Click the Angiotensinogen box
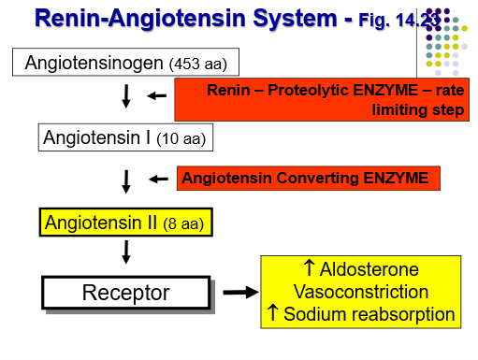(125, 62)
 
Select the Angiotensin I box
(125, 137)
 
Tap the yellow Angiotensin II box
(126, 223)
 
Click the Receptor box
(126, 293)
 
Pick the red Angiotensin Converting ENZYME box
(309, 178)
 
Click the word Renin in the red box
(228, 91)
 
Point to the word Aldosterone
(369, 269)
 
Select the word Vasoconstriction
(361, 292)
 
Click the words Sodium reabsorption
(369, 314)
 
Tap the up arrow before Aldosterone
(309, 268)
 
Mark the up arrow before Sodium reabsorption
(273, 312)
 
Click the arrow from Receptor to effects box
(240, 293)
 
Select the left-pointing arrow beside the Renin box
(156, 95)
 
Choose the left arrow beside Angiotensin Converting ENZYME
(158, 179)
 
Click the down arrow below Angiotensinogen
(126, 96)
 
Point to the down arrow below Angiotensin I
(126, 181)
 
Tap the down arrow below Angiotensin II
(126, 252)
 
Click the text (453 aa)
(198, 64)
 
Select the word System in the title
(295, 18)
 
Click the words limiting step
(418, 109)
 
